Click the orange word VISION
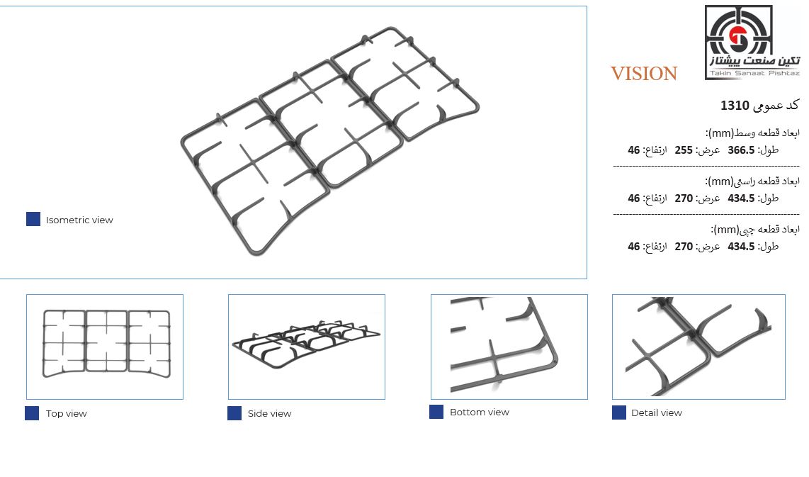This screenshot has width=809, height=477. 644,74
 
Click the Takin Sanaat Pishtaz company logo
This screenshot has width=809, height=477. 752,43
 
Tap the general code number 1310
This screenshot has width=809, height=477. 735,106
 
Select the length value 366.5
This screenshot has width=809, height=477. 741,150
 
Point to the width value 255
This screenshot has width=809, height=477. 684,150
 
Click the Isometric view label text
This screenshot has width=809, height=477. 79,220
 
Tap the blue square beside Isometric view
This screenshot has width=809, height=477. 33,219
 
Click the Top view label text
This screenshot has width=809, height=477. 66,413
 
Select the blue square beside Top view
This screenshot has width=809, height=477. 32,413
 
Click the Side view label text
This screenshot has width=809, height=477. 269,413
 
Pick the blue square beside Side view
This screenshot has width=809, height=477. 234,413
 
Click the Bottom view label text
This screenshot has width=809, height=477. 480,412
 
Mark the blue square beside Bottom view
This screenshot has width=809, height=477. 436,411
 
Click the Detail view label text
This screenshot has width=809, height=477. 656,413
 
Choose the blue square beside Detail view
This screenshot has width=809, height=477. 619,413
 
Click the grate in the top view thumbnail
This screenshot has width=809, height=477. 86,343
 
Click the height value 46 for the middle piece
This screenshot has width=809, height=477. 633,150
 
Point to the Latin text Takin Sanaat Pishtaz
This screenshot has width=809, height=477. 754,73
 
